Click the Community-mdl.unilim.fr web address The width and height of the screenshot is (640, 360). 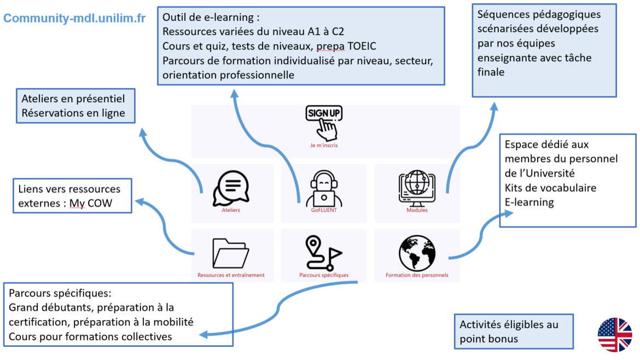[x=74, y=18]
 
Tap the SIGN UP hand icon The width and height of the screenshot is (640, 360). [x=324, y=121]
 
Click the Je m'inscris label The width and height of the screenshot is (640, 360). [x=324, y=146]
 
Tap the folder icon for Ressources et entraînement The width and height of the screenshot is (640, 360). [x=230, y=253]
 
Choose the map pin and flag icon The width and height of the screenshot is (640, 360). [x=323, y=253]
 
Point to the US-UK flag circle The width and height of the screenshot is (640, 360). [x=615, y=335]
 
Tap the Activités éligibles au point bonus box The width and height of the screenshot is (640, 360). [x=514, y=332]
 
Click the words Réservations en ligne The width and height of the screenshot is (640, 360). [x=73, y=113]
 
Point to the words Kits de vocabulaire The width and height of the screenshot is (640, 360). [x=550, y=188]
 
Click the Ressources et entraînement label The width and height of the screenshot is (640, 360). [x=231, y=275]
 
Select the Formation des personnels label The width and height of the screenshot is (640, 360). [x=417, y=275]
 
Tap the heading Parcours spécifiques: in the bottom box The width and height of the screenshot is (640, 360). [x=60, y=293]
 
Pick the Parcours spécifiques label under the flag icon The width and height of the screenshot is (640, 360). [x=324, y=275]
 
